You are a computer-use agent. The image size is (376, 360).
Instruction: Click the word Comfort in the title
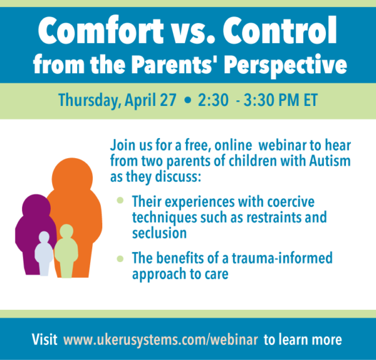click(x=101, y=31)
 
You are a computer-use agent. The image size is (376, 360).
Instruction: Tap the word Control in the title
click(x=280, y=31)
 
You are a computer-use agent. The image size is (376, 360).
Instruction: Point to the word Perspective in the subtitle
click(x=285, y=65)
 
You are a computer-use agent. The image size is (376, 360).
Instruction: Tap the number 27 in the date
click(x=169, y=100)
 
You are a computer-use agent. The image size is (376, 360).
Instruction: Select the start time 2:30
click(x=213, y=100)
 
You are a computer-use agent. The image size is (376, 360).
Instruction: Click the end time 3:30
click(x=259, y=100)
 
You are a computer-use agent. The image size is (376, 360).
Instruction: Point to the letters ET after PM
click(x=311, y=100)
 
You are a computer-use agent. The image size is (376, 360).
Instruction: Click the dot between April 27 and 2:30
click(x=189, y=100)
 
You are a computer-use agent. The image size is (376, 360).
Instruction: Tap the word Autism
click(x=330, y=161)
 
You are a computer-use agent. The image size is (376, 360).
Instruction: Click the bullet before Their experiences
click(x=120, y=200)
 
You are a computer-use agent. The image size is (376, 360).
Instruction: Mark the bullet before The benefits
click(x=120, y=259)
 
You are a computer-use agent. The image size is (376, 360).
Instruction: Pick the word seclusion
click(x=159, y=233)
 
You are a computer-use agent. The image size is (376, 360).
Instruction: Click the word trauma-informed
click(x=282, y=258)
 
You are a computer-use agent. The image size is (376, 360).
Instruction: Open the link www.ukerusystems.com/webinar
click(x=160, y=339)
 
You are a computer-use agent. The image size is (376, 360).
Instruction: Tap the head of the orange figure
click(x=72, y=178)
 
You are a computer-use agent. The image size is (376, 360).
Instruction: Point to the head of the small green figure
click(x=66, y=231)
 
